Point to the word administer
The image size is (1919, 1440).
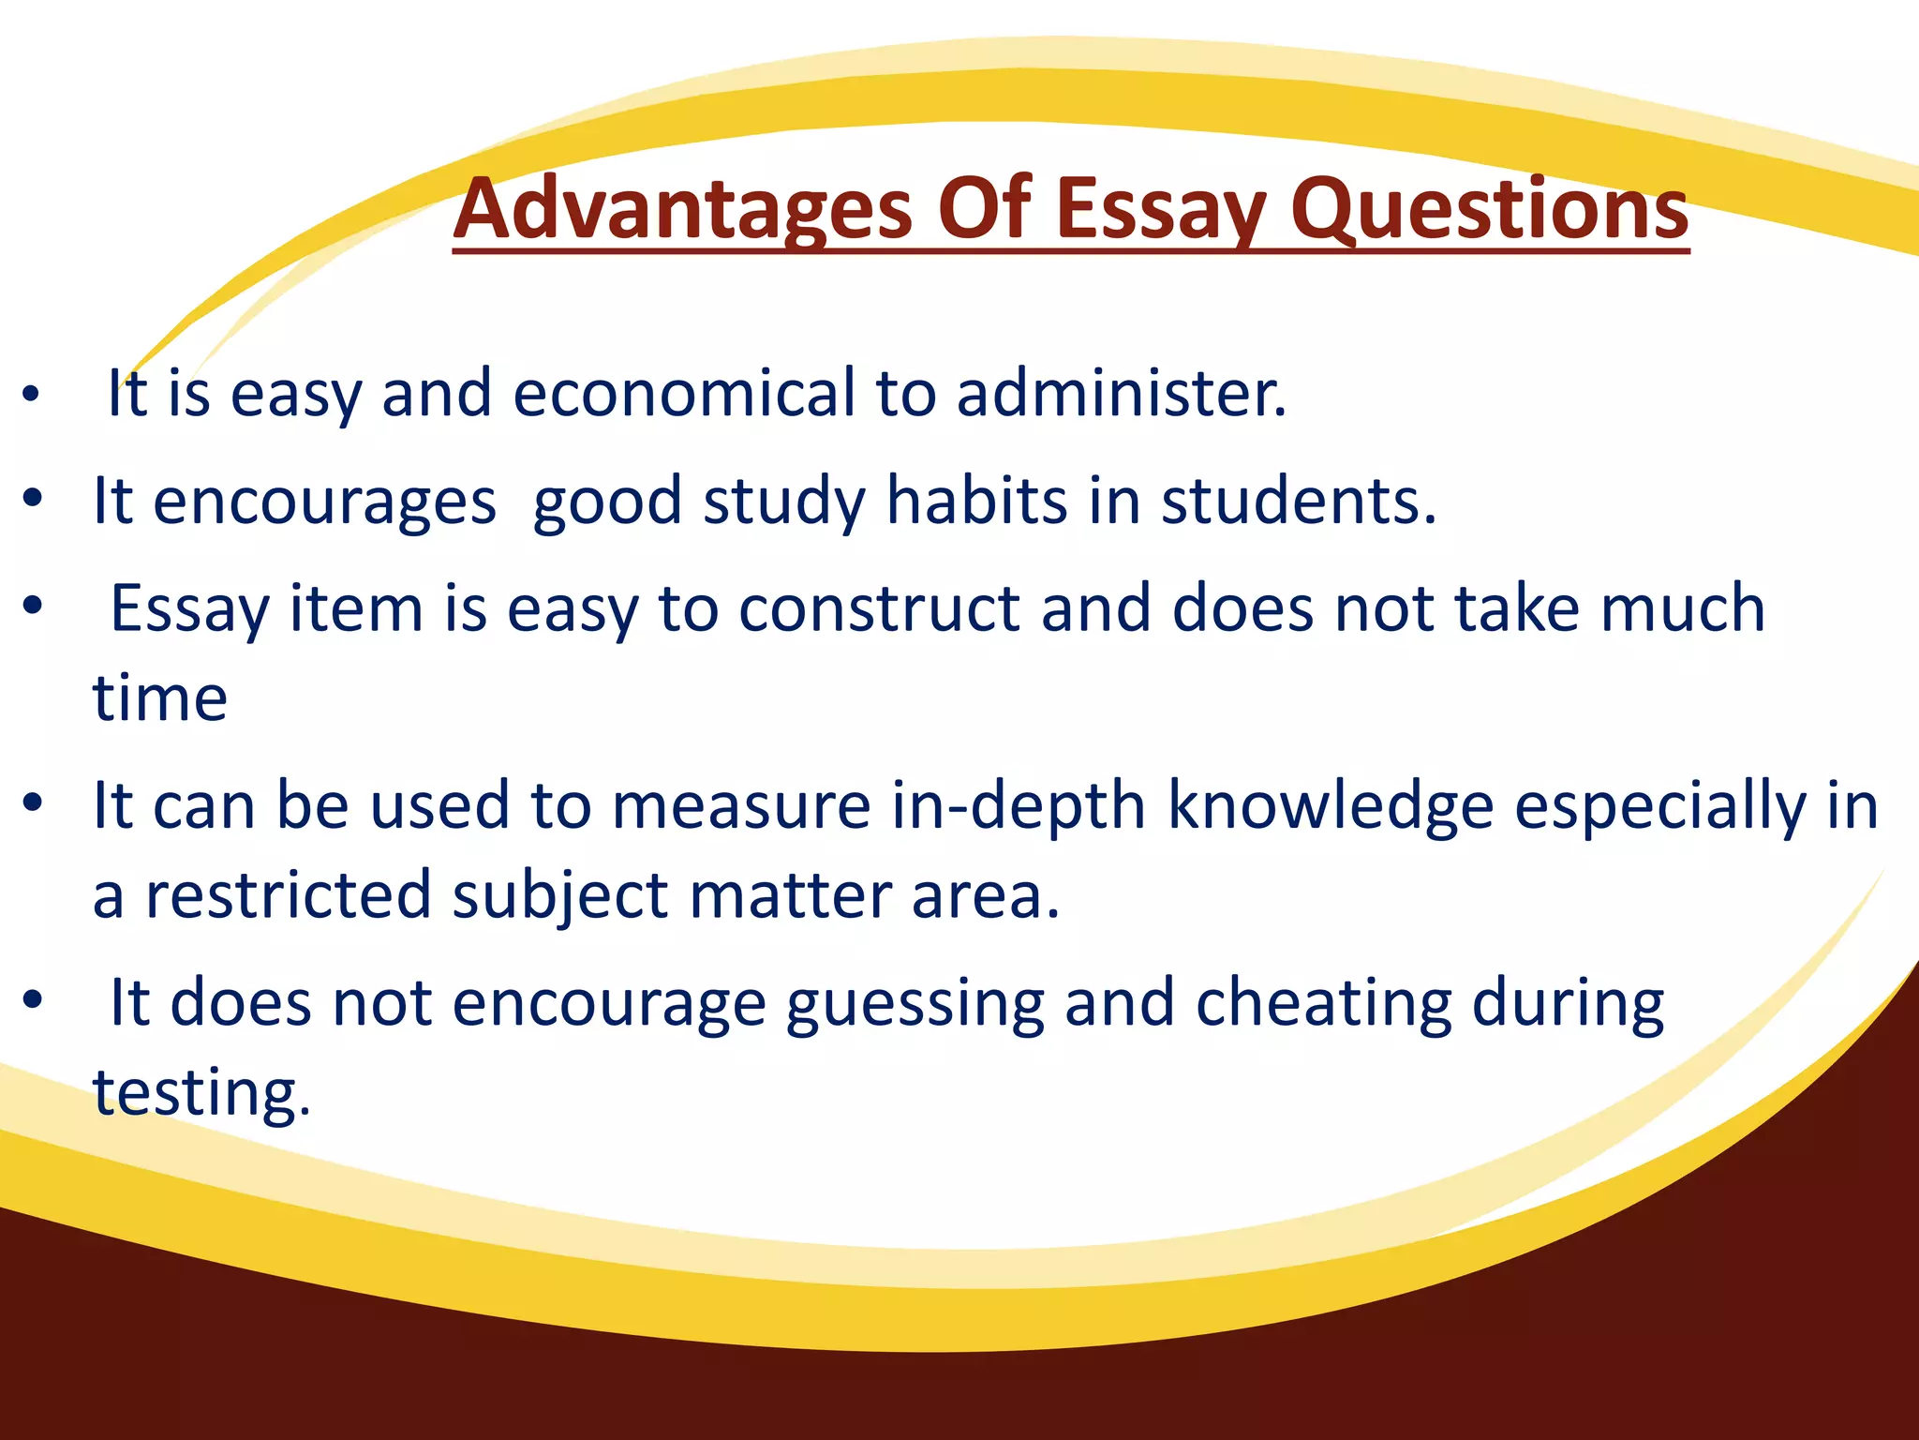1121,393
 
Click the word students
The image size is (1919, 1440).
1298,501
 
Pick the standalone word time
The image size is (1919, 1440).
160,698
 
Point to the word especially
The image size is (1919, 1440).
1659,806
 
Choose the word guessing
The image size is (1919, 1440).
915,1003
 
